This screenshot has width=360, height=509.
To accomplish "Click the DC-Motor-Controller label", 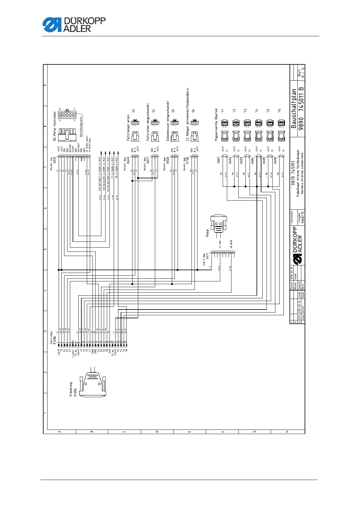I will (x=55, y=126).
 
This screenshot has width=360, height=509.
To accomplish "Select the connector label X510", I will (x=55, y=160).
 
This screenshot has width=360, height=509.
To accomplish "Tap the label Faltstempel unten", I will (x=128, y=128).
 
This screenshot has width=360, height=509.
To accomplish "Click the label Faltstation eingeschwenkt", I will (x=148, y=122).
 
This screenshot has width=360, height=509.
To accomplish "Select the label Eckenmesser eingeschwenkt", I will (x=168, y=121).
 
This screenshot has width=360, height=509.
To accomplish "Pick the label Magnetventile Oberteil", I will (x=216, y=124).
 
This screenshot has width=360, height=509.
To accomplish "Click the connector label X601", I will (x=219, y=160).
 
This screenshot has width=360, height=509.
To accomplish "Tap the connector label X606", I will (x=275, y=160).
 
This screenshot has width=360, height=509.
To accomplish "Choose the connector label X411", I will (x=207, y=256).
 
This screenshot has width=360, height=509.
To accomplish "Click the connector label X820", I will (x=168, y=160).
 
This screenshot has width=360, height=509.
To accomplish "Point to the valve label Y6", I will (x=280, y=111).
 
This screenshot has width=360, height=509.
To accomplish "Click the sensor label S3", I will (x=133, y=111).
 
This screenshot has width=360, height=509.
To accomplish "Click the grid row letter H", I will (x=287, y=431).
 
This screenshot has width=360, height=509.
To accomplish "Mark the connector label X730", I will (x=188, y=160).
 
